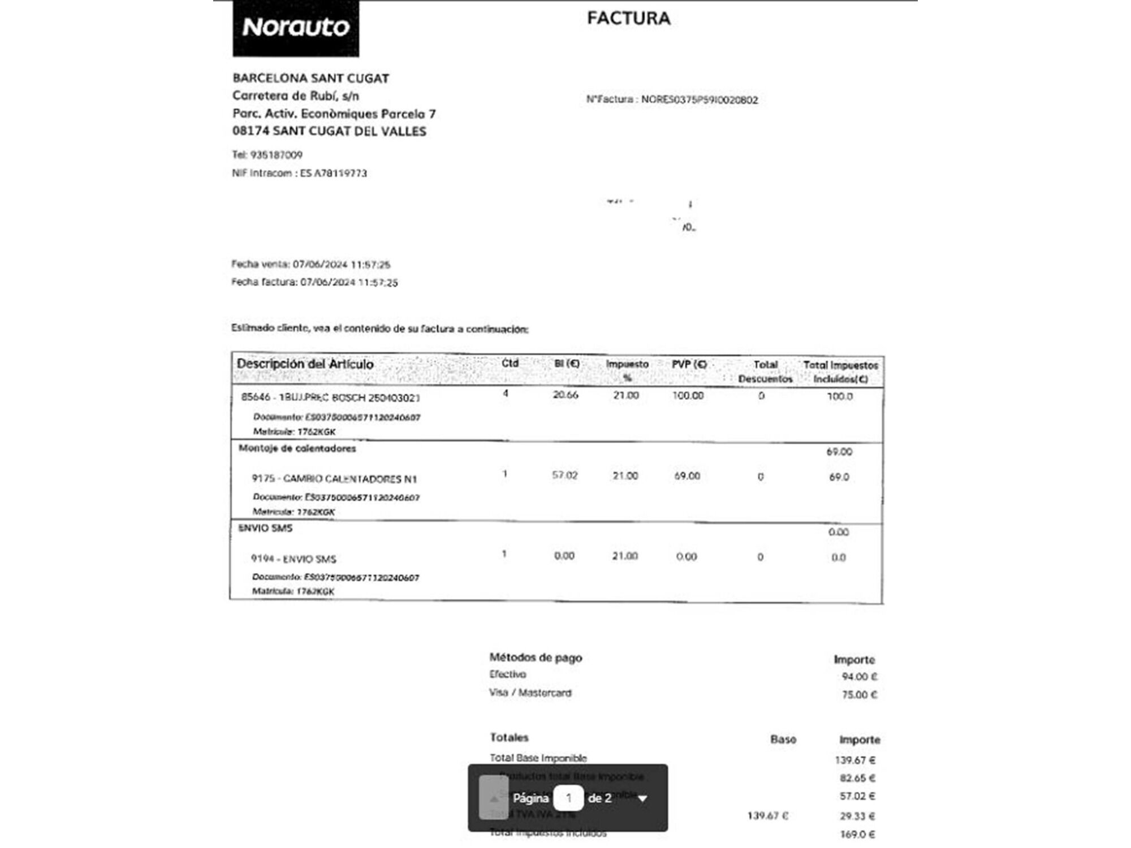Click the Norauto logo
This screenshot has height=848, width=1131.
(x=296, y=28)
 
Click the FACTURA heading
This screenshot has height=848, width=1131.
(x=628, y=19)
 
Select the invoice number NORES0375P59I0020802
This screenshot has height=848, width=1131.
(x=699, y=100)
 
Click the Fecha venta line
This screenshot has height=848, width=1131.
(x=310, y=265)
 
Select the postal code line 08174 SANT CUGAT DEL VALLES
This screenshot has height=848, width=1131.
(x=329, y=132)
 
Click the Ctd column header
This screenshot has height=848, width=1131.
(x=510, y=364)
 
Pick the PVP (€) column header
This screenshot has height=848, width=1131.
(x=689, y=365)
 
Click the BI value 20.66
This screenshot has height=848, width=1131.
(x=565, y=395)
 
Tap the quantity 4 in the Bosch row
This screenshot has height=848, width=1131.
(x=506, y=393)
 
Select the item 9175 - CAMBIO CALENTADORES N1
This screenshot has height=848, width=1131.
(x=334, y=479)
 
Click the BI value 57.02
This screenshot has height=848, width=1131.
(x=565, y=475)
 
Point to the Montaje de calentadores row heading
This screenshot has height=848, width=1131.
(x=297, y=449)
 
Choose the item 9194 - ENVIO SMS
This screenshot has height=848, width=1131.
(x=293, y=559)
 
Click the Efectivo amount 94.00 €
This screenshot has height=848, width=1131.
(x=859, y=677)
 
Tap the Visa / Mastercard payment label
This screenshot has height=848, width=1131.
(x=530, y=693)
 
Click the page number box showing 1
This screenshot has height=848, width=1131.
(x=568, y=798)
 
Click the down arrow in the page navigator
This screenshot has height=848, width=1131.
(x=642, y=799)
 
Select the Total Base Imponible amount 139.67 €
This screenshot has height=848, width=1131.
(x=854, y=760)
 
